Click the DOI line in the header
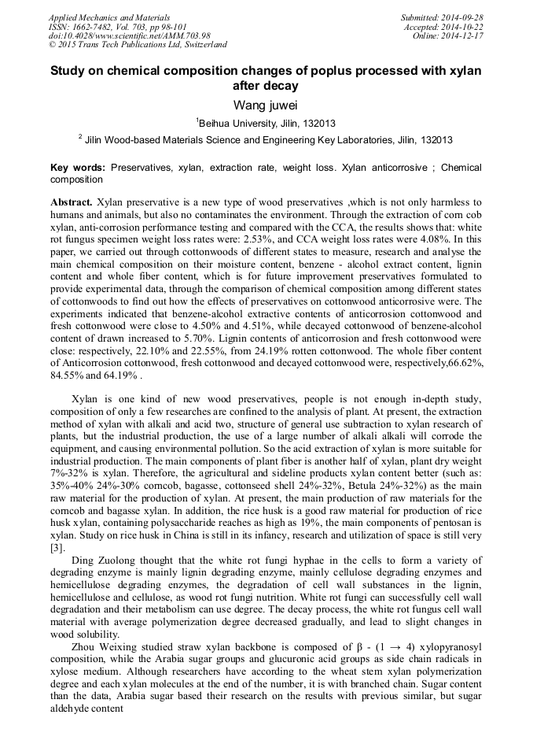tap(129, 35)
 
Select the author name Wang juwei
tap(266, 105)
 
